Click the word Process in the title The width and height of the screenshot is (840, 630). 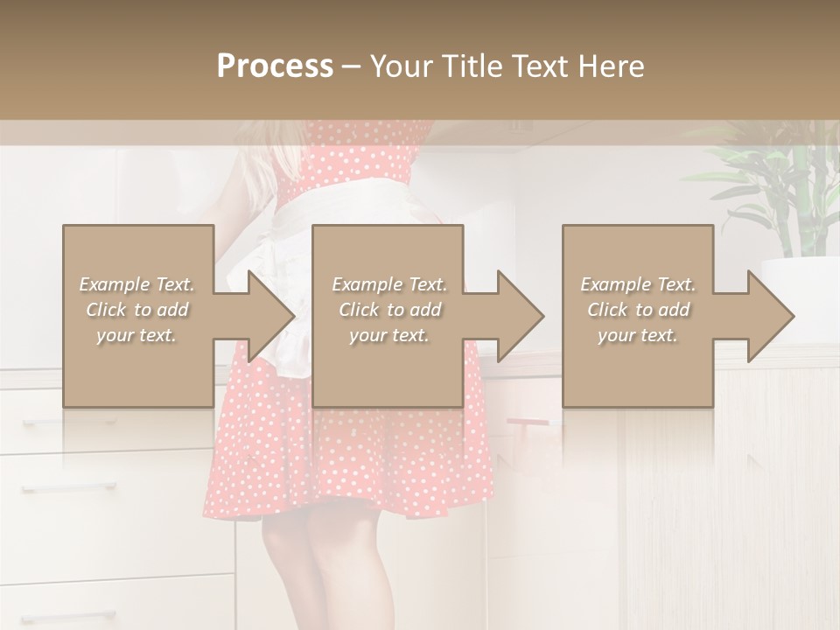(x=275, y=66)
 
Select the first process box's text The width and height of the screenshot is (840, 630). (x=136, y=310)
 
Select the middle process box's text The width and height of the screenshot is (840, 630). (x=388, y=310)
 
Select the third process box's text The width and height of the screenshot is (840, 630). (x=638, y=310)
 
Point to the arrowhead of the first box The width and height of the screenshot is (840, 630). (x=271, y=316)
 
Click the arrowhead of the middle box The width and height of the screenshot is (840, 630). (x=521, y=316)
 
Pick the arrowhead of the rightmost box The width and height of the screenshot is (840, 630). (x=771, y=316)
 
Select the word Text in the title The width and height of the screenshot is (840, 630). (x=542, y=66)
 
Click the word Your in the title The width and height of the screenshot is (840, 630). (x=403, y=66)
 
